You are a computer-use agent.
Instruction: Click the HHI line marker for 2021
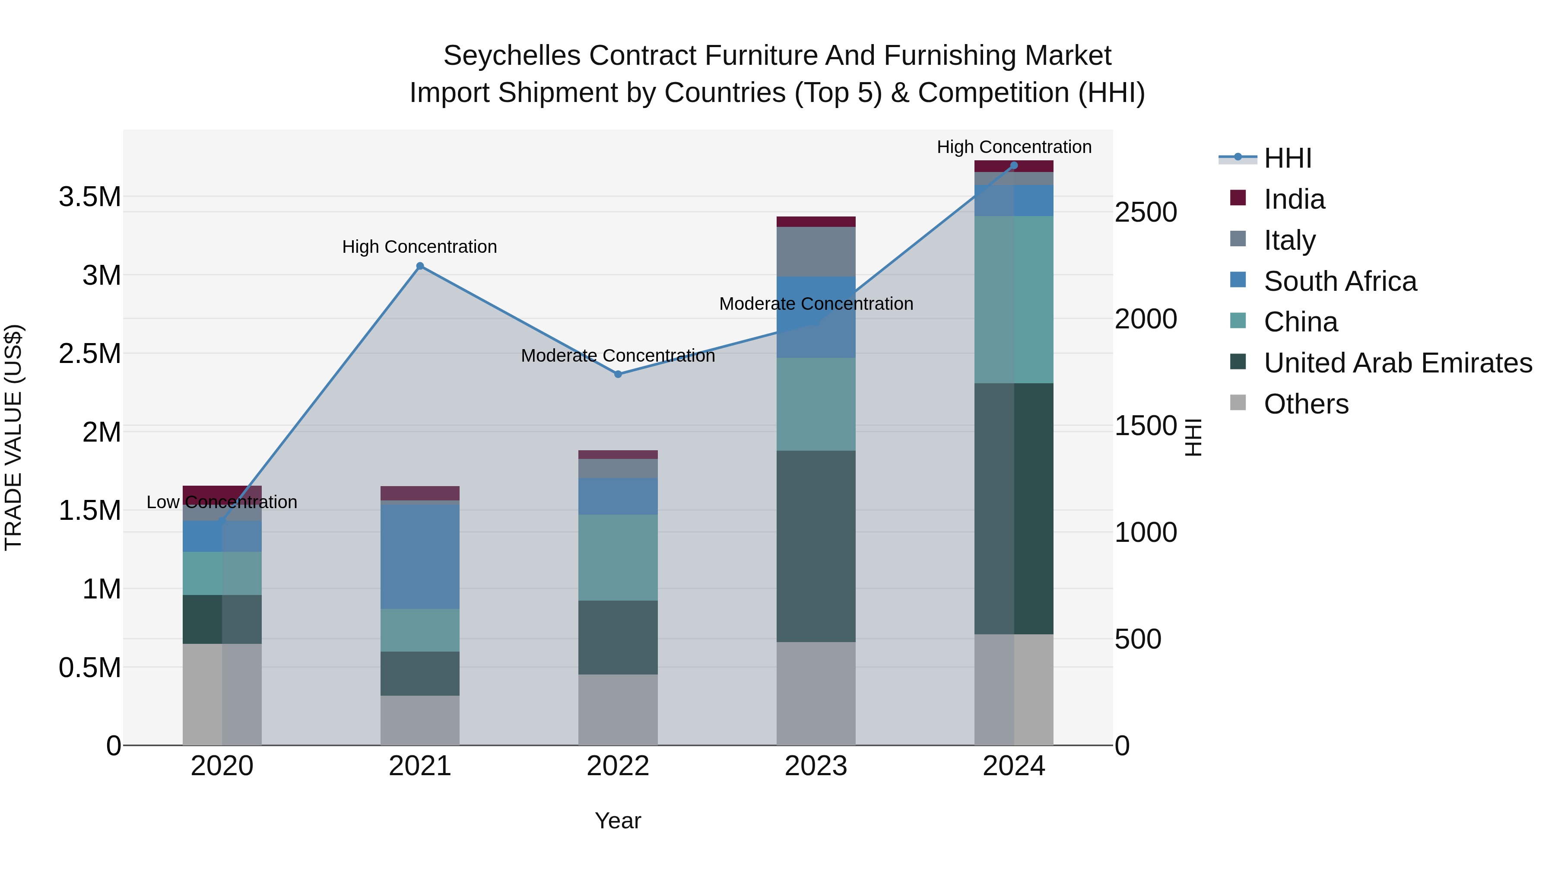[420, 266]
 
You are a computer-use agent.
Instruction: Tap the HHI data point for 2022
[618, 374]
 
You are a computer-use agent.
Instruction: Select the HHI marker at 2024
[1014, 165]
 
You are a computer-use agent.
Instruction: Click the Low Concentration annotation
[222, 503]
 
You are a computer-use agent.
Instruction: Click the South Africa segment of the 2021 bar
[420, 556]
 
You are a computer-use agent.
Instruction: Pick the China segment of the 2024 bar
[1014, 299]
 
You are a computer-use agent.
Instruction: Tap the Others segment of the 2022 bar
[618, 710]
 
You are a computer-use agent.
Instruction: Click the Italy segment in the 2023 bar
[816, 252]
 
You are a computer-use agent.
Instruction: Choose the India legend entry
[1294, 199]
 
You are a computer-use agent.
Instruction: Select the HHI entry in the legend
[1287, 158]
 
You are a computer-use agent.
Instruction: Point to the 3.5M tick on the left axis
[89, 197]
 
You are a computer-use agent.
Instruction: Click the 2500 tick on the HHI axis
[1146, 213]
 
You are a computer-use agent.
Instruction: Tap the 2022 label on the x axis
[618, 766]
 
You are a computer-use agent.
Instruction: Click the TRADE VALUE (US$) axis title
[13, 437]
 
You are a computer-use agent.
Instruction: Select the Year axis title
[618, 821]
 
